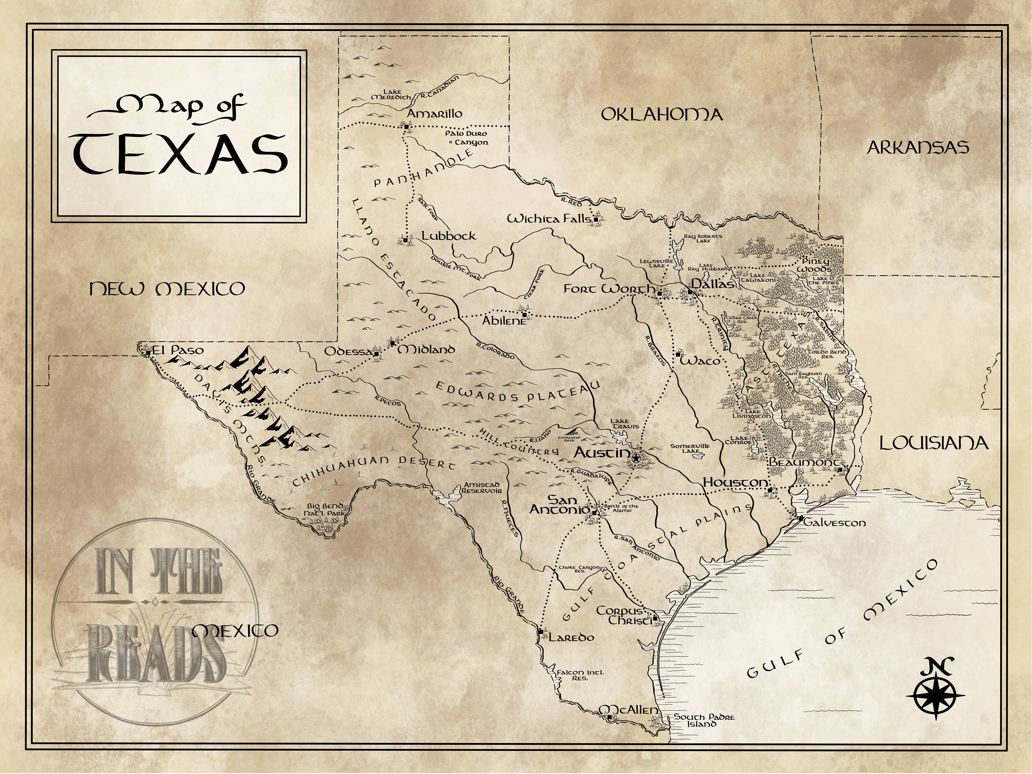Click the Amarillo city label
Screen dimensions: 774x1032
click(x=434, y=114)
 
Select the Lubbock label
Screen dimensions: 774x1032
click(x=448, y=236)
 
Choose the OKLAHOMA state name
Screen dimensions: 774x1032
click(x=662, y=115)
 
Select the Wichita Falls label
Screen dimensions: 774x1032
click(x=549, y=219)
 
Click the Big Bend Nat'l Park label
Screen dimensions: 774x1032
click(x=326, y=509)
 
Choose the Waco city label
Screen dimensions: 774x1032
click(x=699, y=361)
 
